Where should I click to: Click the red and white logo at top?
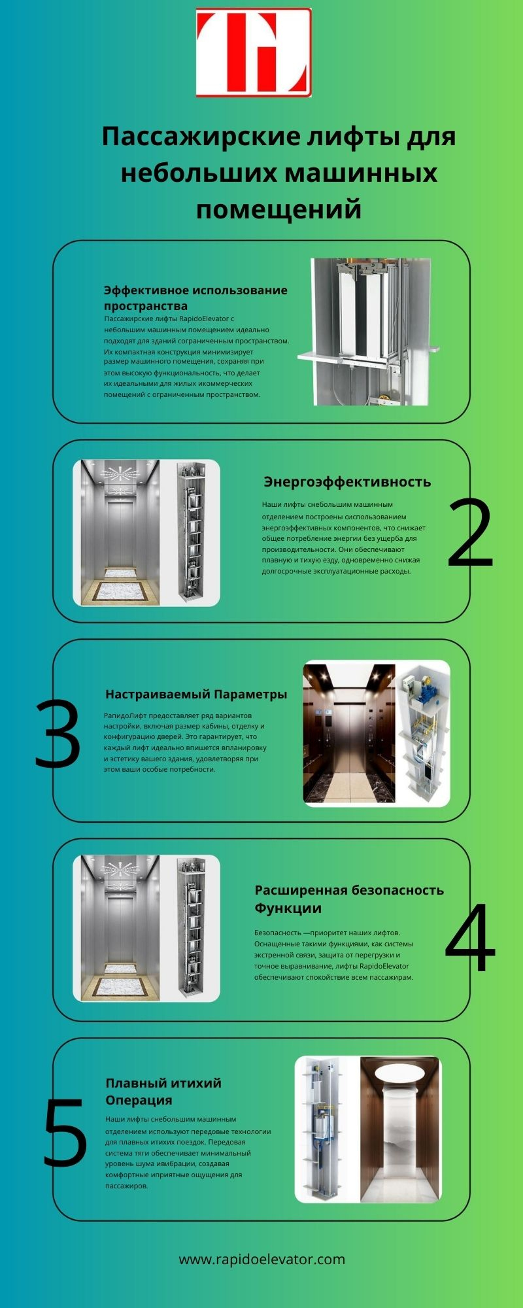click(x=254, y=52)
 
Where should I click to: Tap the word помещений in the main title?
click(x=279, y=210)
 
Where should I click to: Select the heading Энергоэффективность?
click(x=347, y=481)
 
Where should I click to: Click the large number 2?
click(x=471, y=533)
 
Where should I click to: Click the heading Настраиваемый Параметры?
click(x=196, y=694)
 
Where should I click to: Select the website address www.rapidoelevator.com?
click(x=261, y=1259)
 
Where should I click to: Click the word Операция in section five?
click(x=139, y=1100)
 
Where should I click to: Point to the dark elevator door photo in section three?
click(x=349, y=733)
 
